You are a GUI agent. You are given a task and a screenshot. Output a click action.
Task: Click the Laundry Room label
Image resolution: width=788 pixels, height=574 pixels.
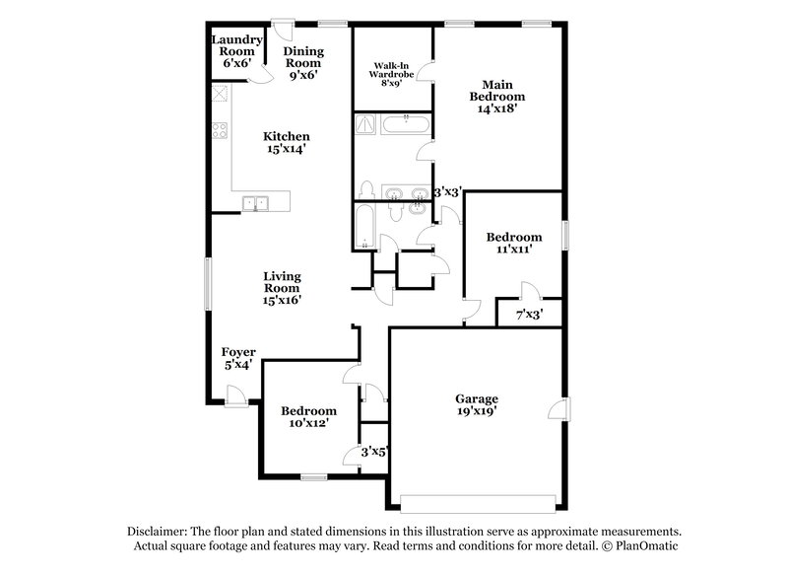pos(237,51)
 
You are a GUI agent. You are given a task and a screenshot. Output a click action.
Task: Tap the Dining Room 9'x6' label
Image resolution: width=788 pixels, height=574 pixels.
pos(302,61)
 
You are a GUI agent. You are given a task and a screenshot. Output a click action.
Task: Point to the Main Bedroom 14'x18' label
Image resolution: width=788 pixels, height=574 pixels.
pos(503,98)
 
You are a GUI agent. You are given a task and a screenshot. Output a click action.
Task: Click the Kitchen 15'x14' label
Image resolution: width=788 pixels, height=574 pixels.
pos(287,143)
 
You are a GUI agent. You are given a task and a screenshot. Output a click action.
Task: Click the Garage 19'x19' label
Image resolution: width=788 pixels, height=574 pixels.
pos(477,405)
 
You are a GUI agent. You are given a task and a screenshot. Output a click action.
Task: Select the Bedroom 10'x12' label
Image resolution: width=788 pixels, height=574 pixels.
pos(308,417)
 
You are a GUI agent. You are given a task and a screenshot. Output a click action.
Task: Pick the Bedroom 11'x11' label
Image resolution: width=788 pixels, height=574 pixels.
pos(514,244)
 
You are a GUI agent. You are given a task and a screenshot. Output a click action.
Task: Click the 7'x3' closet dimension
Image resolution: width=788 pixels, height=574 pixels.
pos(530,316)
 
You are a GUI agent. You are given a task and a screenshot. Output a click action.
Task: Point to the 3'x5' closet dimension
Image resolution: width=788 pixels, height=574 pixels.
pos(374,452)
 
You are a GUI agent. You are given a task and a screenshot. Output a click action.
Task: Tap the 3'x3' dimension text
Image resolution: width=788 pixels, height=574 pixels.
pos(448,194)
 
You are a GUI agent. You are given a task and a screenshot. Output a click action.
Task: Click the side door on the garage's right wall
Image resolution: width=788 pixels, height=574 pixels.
pos(558,410)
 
